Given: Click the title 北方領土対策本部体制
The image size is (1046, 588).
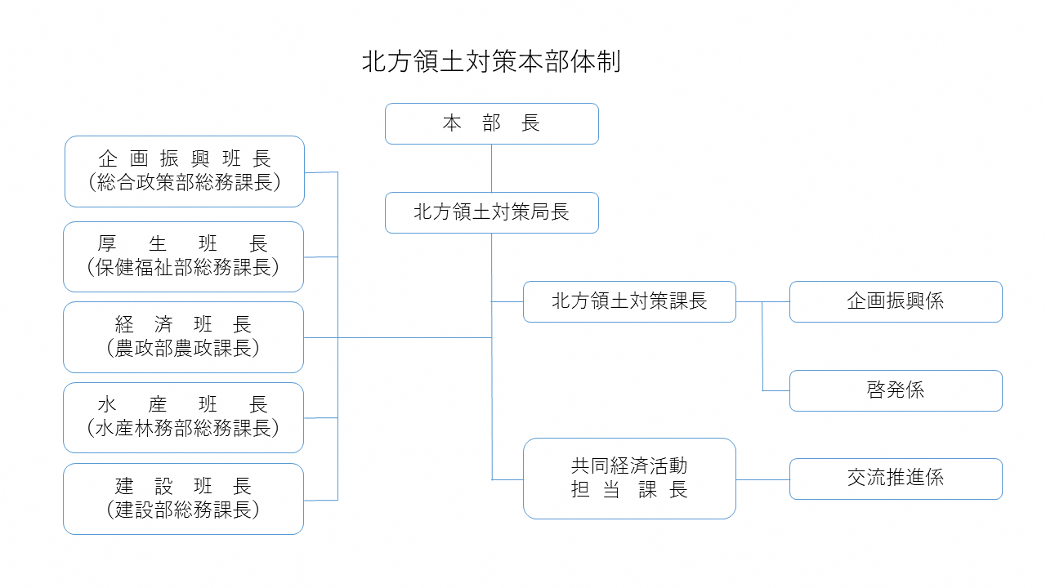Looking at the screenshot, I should click(x=491, y=63).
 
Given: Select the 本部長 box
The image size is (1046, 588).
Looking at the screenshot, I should click(x=491, y=124).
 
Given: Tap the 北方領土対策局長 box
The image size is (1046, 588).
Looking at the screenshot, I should click(x=491, y=212).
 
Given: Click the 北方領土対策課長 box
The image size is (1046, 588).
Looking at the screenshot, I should click(x=629, y=301).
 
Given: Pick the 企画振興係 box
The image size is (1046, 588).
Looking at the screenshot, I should click(x=896, y=301).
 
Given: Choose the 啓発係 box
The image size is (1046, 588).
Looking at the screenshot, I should click(x=896, y=390).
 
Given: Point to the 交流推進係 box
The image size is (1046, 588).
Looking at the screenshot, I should click(x=896, y=479).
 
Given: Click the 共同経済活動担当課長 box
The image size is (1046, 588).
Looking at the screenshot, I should click(x=629, y=479).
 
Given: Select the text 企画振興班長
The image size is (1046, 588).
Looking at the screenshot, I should click(x=185, y=159).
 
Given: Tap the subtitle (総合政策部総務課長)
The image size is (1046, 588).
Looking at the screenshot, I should click(x=185, y=183).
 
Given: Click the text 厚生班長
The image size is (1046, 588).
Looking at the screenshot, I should click(x=184, y=244).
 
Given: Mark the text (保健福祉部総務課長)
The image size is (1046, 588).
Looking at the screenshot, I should click(x=184, y=268).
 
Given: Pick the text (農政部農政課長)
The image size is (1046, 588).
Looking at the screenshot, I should click(x=184, y=349).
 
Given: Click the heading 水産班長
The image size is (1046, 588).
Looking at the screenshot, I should click(x=184, y=405).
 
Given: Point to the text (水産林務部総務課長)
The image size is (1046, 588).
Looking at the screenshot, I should click(x=184, y=429).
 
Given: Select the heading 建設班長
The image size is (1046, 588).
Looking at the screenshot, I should click(x=184, y=487).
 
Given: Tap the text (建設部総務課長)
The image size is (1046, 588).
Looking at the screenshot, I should click(x=184, y=510).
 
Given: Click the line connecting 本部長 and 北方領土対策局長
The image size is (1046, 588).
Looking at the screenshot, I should click(x=491, y=168).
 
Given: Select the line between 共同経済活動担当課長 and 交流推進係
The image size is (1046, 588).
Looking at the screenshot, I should click(x=762, y=479).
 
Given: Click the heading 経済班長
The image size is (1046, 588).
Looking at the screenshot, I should click(x=184, y=325).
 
